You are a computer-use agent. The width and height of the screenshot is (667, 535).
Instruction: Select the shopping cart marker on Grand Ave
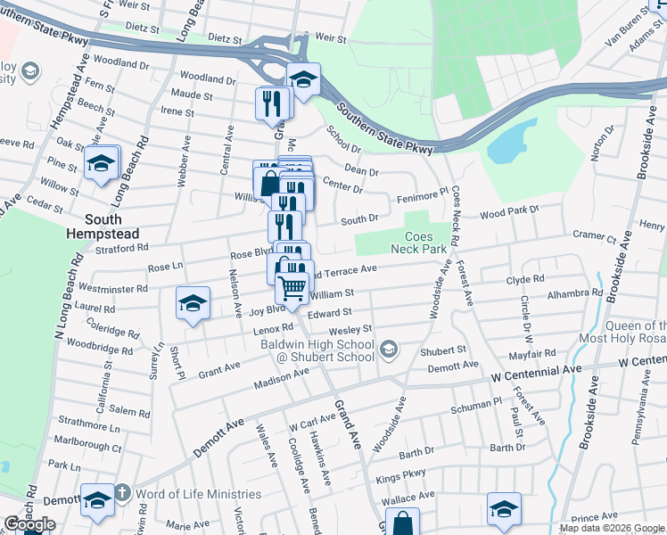293,289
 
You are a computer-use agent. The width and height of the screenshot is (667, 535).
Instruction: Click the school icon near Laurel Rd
193,304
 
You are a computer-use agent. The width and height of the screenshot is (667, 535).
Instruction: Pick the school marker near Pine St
102,163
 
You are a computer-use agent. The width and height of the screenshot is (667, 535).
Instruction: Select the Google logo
29,524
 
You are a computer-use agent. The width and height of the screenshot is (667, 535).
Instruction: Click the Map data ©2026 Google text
611,528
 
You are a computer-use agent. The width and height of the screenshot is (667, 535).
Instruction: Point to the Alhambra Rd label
575,292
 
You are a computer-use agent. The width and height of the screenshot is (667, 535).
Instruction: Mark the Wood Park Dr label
509,212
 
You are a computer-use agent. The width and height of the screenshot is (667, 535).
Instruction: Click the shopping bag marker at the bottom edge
403,523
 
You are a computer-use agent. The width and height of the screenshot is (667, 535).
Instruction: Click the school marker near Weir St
303,82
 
